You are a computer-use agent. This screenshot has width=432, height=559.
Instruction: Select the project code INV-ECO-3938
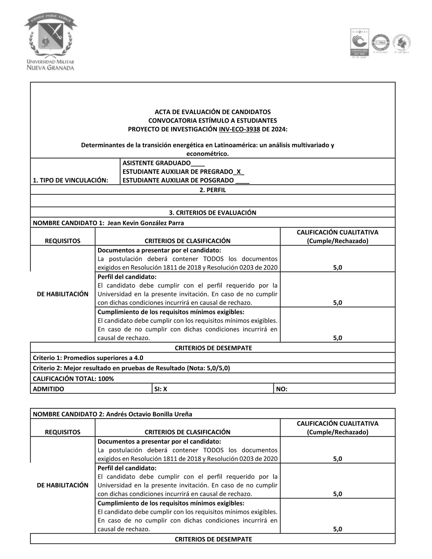[239, 129]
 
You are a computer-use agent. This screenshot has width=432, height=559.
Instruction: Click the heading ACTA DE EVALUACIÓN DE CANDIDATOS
[213, 112]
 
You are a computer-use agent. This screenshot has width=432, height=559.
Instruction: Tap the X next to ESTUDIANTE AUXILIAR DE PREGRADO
[238, 172]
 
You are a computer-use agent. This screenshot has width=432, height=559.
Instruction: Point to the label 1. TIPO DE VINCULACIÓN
[70, 180]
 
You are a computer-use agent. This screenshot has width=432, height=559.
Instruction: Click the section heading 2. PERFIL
[213, 190]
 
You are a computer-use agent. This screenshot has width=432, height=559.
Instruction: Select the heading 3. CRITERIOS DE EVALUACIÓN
[213, 213]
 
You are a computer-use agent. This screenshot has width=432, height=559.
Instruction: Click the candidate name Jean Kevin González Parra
[146, 223]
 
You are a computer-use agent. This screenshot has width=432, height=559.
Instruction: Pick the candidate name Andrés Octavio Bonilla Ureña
[149, 414]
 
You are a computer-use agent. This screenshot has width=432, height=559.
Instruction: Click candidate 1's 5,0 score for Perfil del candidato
[337, 303]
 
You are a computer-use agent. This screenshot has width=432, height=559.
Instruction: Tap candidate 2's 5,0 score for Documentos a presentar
[337, 459]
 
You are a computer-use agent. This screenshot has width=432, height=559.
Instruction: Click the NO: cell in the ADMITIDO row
[282, 389]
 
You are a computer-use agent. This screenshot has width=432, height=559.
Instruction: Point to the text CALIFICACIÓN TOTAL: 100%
[73, 378]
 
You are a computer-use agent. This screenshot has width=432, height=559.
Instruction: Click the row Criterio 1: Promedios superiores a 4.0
[88, 358]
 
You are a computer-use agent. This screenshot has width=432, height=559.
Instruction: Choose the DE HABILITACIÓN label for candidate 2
[63, 485]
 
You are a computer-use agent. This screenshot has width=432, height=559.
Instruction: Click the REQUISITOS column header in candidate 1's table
[63, 241]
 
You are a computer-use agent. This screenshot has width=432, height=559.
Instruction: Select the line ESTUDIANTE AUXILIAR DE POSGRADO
[178, 180]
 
